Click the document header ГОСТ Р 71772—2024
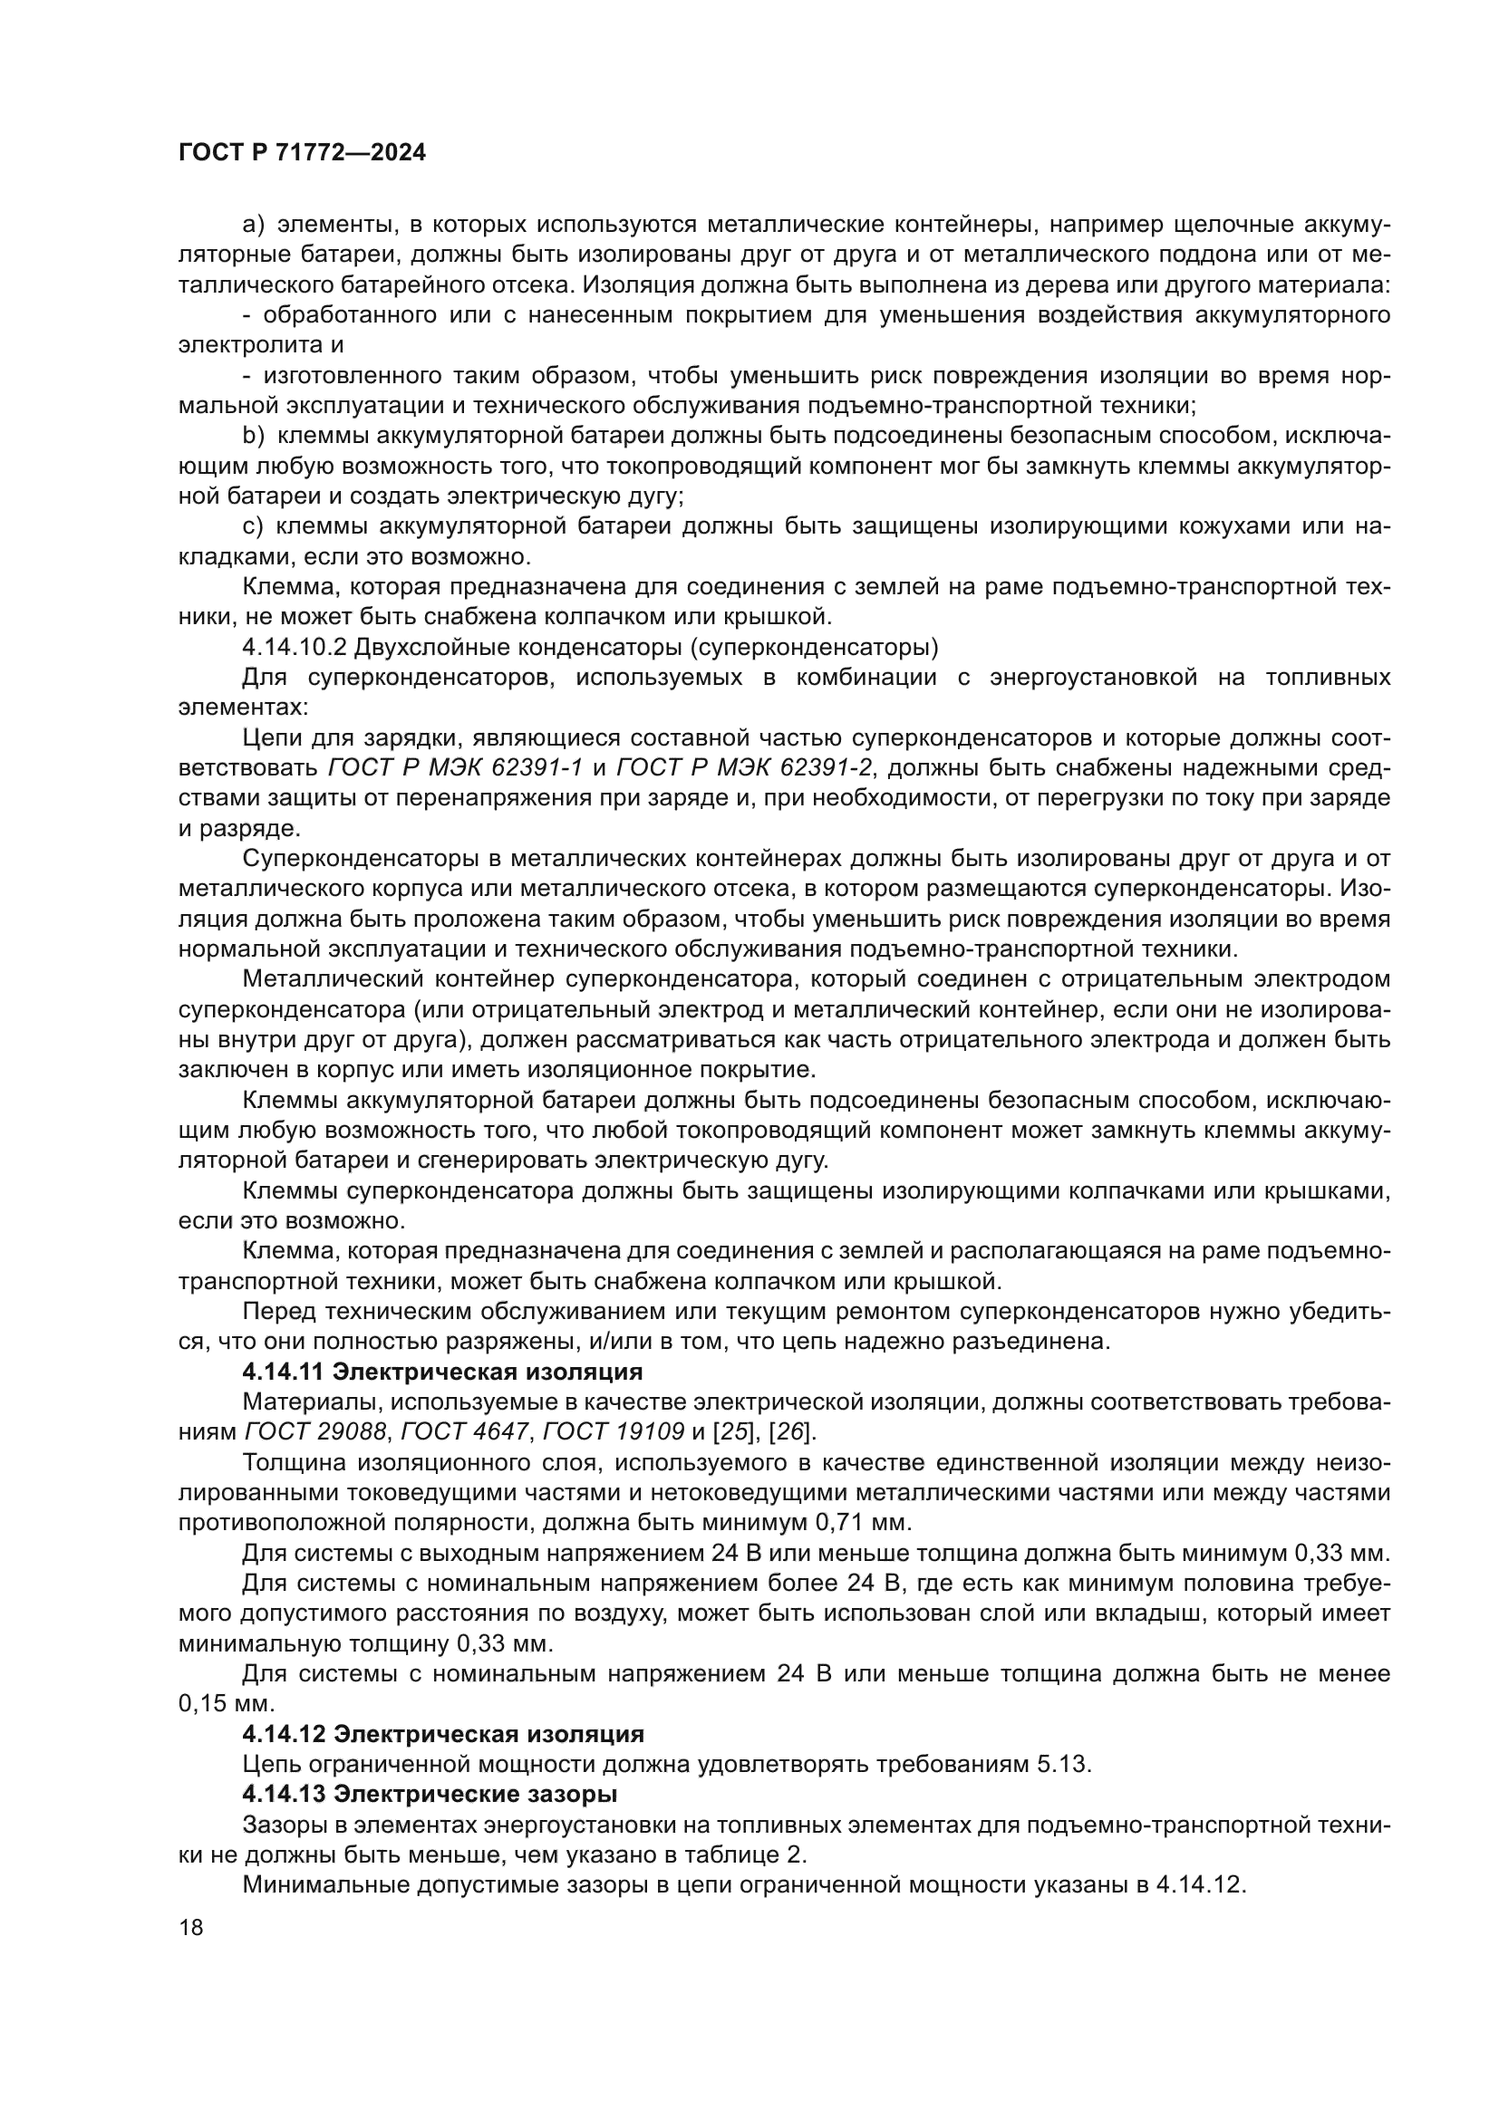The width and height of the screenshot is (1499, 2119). coord(302,153)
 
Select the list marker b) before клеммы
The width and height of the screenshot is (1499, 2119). coord(254,436)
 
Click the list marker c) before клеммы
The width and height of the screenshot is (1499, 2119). coord(254,526)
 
